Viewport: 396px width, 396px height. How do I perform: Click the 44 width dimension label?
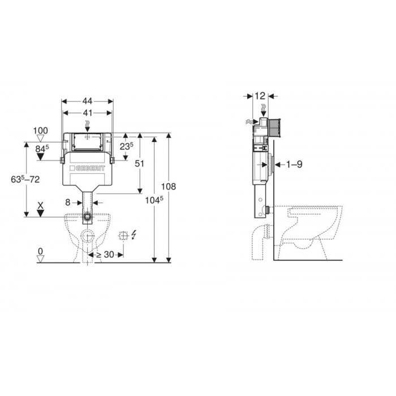(87, 101)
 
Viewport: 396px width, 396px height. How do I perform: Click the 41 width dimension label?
(87, 113)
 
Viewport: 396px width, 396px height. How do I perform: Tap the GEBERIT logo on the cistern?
(87, 168)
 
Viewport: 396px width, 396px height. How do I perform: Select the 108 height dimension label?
(169, 187)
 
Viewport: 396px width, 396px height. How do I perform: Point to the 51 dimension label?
(139, 163)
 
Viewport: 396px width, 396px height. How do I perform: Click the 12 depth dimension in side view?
(260, 96)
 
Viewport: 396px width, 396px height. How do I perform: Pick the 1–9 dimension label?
(294, 165)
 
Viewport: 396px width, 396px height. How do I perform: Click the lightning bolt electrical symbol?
(134, 235)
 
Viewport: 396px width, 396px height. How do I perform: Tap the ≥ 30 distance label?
(105, 255)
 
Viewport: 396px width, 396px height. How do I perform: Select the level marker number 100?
(40, 131)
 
